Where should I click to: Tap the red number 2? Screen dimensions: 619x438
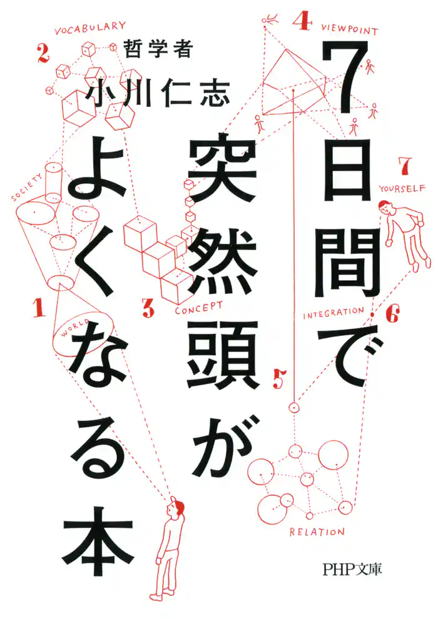43,54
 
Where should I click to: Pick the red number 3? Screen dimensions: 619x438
148,307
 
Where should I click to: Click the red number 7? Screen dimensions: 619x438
404,166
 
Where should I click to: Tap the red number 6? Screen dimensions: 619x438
392,315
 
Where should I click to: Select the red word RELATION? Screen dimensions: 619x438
317,533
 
